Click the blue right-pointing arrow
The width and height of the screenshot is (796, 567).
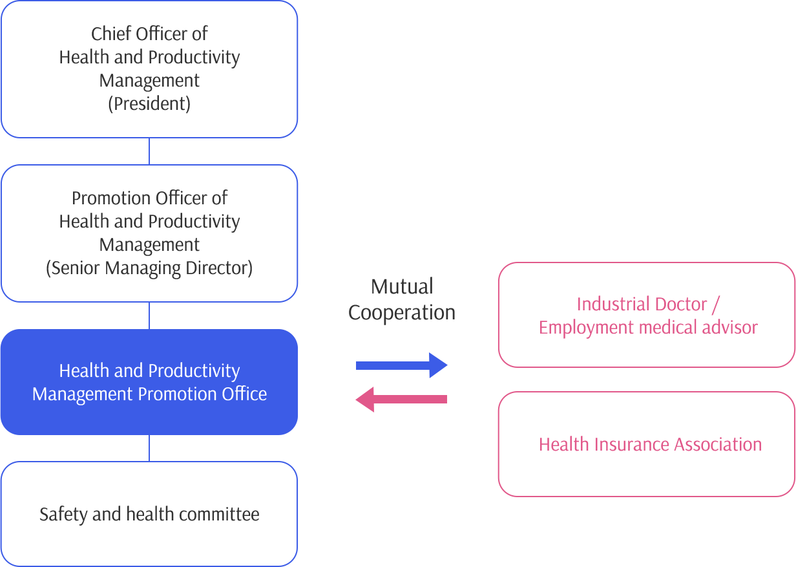(x=402, y=365)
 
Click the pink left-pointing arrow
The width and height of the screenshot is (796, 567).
(x=401, y=399)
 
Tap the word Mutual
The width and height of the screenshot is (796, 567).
(x=402, y=286)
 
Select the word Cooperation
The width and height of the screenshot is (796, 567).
(x=402, y=313)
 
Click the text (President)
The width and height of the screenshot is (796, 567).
(x=149, y=104)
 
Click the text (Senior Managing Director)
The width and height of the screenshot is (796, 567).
(x=149, y=268)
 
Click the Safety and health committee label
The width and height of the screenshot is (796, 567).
(x=149, y=515)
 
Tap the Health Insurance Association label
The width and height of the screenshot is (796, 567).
(x=650, y=444)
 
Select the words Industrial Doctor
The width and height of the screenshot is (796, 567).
(x=642, y=305)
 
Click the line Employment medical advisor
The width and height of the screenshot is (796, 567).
(x=648, y=327)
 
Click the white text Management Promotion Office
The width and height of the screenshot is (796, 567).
(x=149, y=394)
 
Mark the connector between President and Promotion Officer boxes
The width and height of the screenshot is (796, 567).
(x=149, y=151)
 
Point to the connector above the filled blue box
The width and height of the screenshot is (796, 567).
(x=149, y=316)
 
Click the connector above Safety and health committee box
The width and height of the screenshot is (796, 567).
(x=149, y=448)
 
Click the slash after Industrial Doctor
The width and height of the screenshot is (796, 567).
(x=716, y=305)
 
